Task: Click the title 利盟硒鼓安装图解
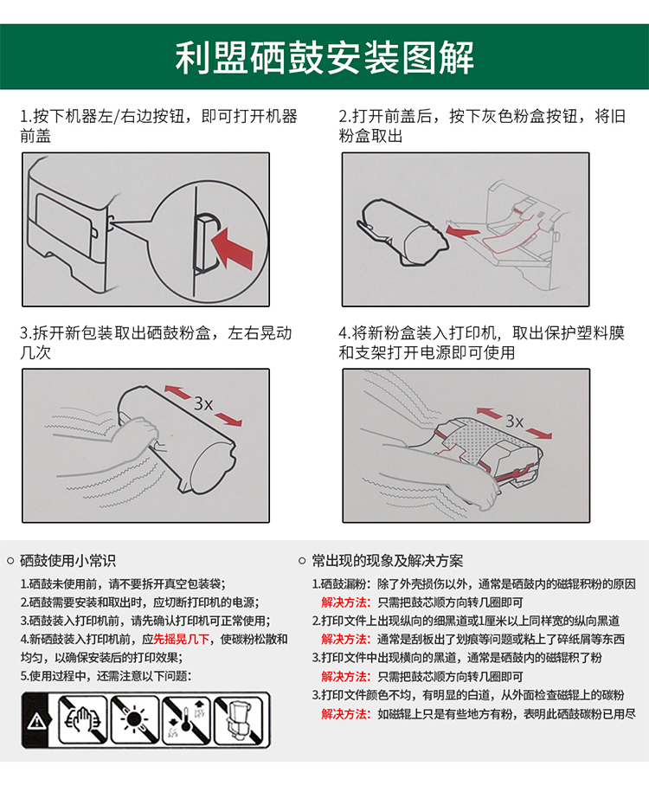tap(324, 57)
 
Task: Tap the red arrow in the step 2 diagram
tap(462, 232)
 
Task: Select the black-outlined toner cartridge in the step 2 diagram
tap(402, 232)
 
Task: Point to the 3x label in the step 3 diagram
tap(203, 403)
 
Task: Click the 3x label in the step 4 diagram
tap(514, 421)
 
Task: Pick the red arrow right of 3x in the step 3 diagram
tap(228, 419)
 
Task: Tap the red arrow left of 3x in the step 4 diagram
tap(489, 413)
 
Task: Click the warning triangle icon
tap(36, 721)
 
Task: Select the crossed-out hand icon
tap(83, 720)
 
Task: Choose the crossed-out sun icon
tap(135, 720)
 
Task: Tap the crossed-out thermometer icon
tap(186, 720)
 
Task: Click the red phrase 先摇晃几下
tap(182, 639)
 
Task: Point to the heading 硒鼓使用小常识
tap(67, 560)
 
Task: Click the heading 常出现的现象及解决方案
tap(388, 560)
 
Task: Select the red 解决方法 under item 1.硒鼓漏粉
tap(346, 602)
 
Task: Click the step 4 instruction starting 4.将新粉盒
tap(481, 343)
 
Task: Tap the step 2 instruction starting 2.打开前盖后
tap(482, 126)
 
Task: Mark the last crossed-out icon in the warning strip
tap(239, 720)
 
